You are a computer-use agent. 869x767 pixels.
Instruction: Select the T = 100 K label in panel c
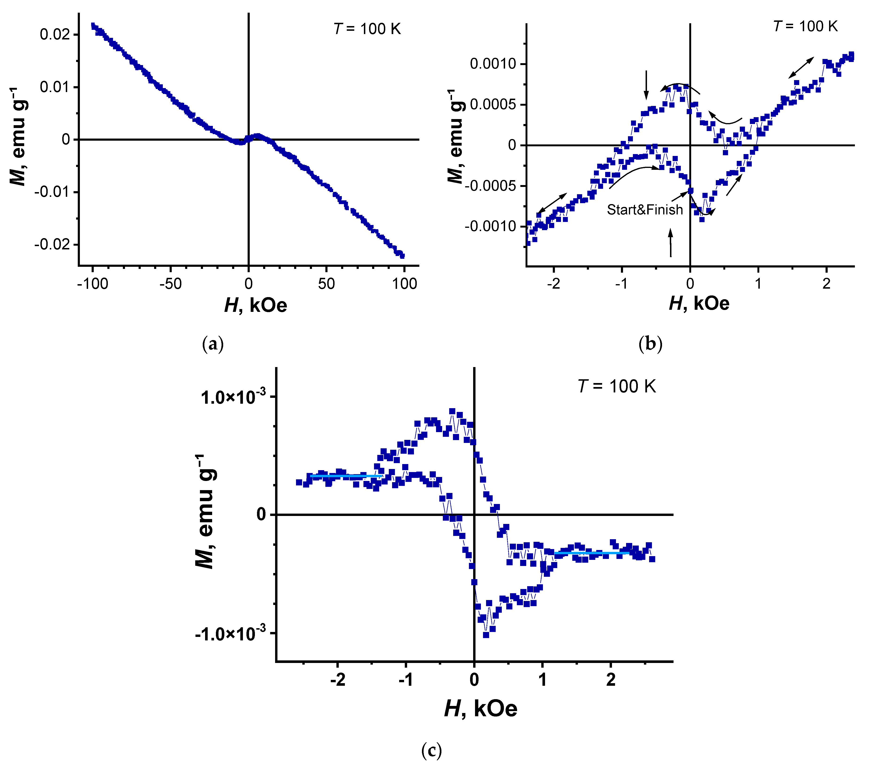(x=617, y=386)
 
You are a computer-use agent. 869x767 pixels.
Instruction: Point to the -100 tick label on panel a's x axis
(x=93, y=284)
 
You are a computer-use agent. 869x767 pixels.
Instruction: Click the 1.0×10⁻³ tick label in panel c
(x=234, y=397)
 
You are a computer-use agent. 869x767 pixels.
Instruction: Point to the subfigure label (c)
(x=432, y=750)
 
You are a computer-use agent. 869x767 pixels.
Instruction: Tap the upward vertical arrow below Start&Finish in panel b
(x=671, y=243)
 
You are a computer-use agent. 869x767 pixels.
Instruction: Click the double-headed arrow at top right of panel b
(x=801, y=68)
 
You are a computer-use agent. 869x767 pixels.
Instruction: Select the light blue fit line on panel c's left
(x=344, y=476)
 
